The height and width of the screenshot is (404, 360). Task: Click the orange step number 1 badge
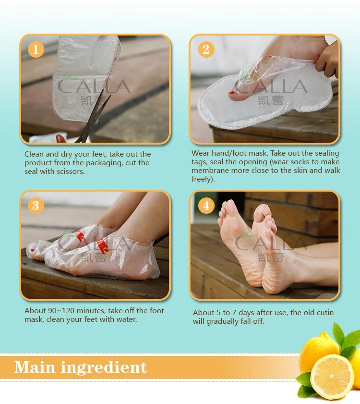click(x=36, y=50)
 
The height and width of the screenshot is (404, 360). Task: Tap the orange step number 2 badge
click(x=206, y=49)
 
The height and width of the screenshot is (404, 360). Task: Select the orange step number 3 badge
click(x=36, y=206)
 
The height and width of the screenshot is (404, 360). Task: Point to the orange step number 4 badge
click(x=206, y=206)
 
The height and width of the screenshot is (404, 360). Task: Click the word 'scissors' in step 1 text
click(x=70, y=171)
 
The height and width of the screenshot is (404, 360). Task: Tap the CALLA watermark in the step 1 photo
click(x=94, y=87)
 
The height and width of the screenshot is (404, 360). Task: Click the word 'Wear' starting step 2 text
click(x=200, y=153)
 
